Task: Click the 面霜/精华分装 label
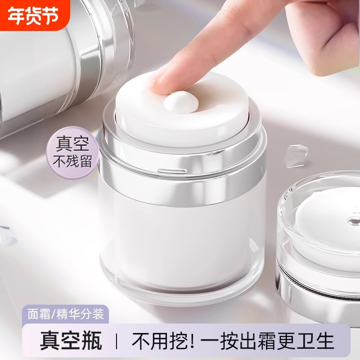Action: [63, 314]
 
